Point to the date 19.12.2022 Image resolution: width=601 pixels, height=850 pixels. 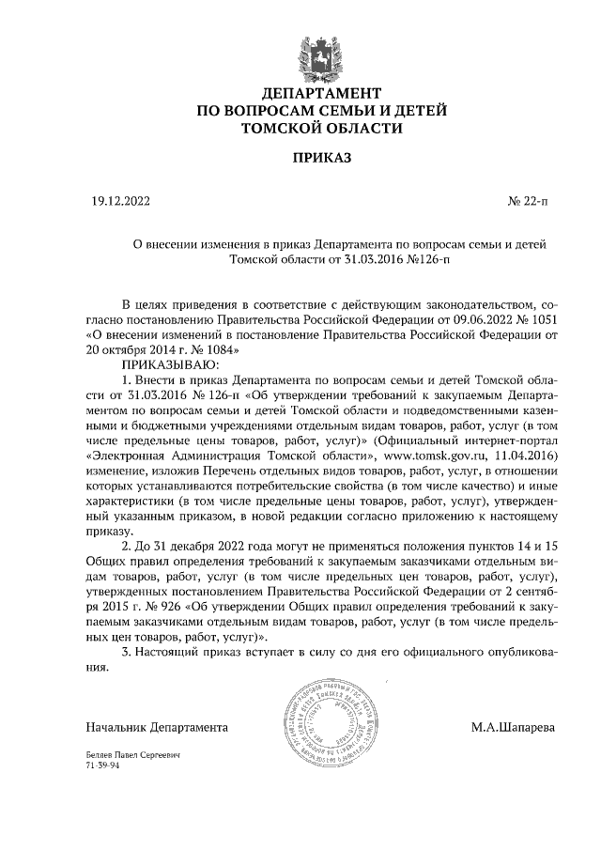click(x=120, y=201)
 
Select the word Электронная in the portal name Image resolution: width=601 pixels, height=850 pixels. click(x=129, y=454)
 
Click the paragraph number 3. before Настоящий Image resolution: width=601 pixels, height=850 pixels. click(x=130, y=650)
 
